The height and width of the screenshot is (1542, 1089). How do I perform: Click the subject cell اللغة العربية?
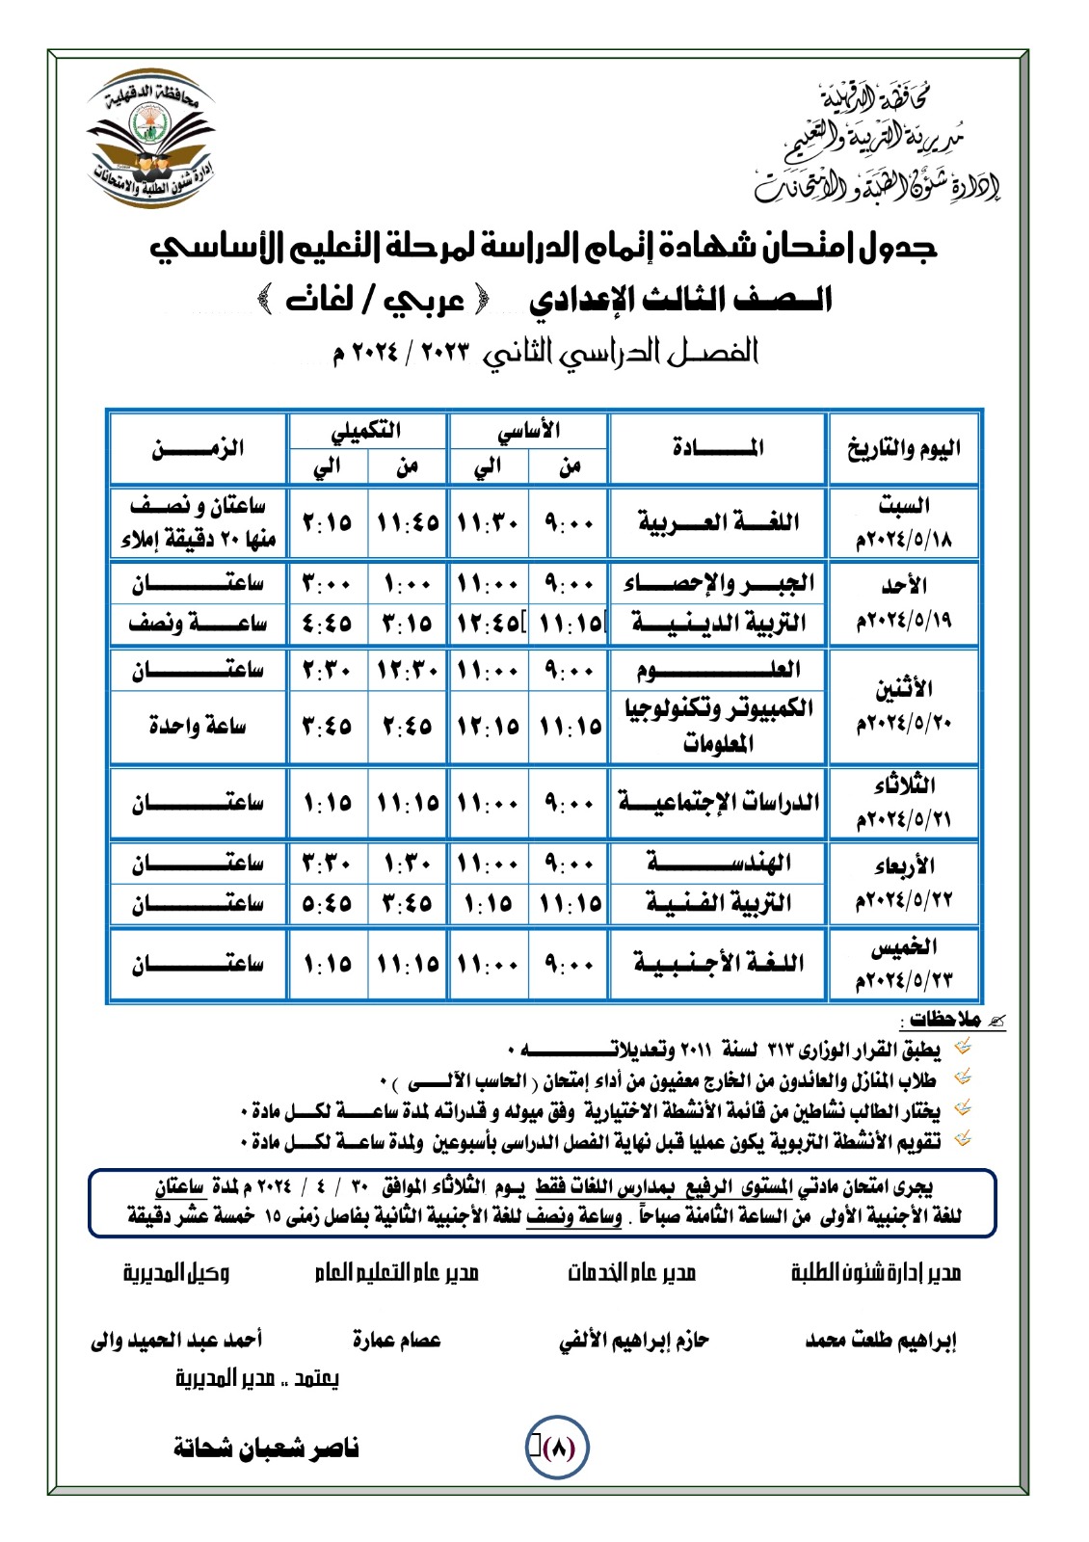click(718, 522)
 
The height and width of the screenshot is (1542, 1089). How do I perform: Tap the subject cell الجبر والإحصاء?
click(718, 583)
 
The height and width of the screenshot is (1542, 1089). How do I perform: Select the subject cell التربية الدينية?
click(718, 624)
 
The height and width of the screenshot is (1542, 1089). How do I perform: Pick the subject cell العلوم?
click(718, 670)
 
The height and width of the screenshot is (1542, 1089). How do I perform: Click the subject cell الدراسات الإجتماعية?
click(718, 802)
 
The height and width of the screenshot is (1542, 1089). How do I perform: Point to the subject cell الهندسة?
click(718, 863)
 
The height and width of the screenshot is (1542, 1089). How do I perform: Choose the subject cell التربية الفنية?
click(718, 903)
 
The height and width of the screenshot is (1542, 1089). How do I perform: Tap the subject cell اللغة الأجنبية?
click(718, 963)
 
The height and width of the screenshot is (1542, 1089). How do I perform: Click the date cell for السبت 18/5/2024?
click(903, 522)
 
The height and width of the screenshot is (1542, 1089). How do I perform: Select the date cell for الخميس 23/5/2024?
click(903, 963)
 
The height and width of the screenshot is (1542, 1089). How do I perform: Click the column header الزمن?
click(198, 448)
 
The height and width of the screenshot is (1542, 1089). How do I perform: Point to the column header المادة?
click(718, 448)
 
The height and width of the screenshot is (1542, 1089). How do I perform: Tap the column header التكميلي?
click(367, 431)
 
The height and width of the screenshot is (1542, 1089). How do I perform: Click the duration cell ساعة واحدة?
click(198, 725)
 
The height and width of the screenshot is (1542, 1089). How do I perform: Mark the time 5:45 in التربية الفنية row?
click(328, 903)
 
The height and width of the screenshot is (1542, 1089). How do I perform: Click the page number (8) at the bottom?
click(558, 1448)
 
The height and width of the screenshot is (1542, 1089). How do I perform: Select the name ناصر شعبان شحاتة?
click(266, 1448)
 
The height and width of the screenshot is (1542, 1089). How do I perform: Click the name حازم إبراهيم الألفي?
click(633, 1341)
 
